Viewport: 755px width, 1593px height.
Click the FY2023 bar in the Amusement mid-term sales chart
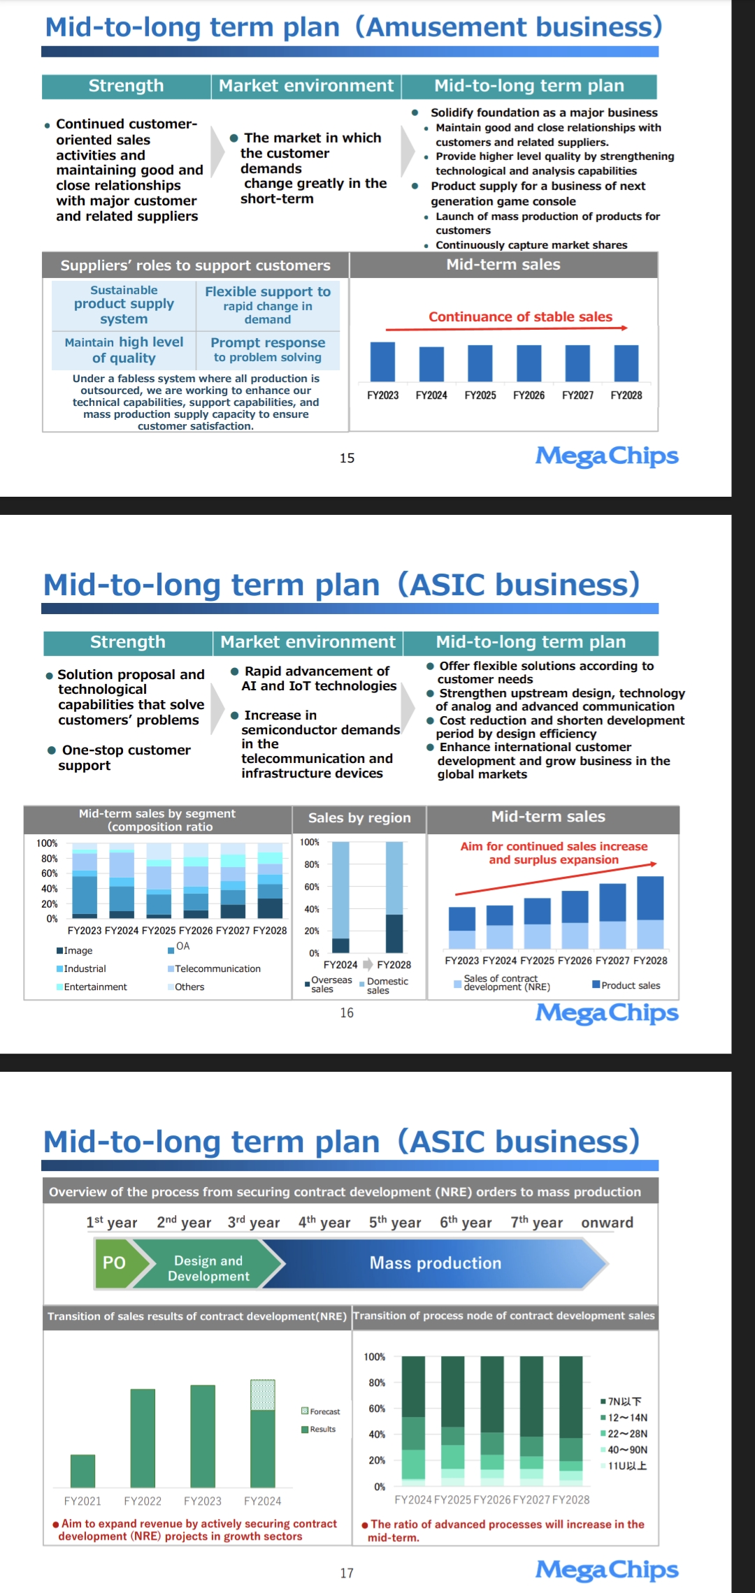tap(382, 362)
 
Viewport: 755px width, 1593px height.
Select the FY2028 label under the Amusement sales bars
tap(626, 395)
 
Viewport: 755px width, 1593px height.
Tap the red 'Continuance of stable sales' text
tap(520, 317)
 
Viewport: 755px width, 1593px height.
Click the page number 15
tap(347, 458)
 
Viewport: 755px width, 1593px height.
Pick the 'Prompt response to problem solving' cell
tap(268, 350)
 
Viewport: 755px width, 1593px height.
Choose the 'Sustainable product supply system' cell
tap(124, 305)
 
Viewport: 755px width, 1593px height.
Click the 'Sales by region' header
tap(359, 818)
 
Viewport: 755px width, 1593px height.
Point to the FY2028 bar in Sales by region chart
tap(394, 897)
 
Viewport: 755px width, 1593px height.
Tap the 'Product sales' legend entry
tap(626, 985)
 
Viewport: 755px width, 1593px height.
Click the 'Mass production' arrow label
tap(436, 1263)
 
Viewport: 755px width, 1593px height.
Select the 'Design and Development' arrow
tap(208, 1263)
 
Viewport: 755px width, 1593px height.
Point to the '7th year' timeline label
tap(536, 1222)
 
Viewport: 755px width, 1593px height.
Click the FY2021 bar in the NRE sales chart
tap(82, 1471)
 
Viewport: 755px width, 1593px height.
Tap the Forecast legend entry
tap(320, 1411)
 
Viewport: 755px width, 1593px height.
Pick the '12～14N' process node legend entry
tap(624, 1418)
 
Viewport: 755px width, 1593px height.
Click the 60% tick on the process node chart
tap(377, 1409)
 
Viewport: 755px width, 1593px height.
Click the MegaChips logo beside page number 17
tap(607, 1569)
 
